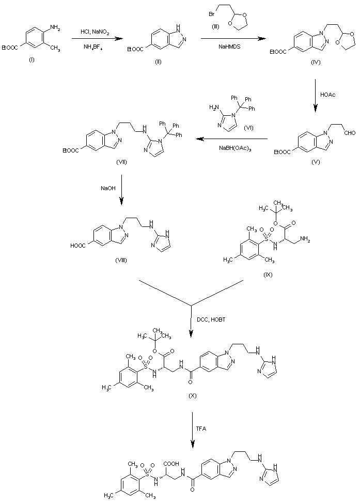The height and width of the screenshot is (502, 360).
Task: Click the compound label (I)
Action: (32, 60)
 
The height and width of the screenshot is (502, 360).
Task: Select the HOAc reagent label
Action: (328, 95)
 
